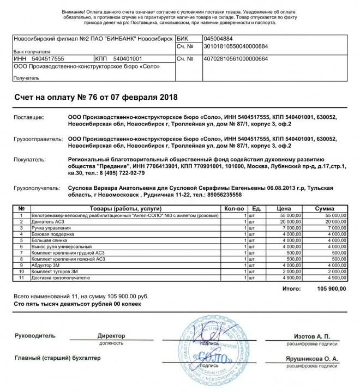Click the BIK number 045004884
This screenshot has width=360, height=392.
(218, 39)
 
